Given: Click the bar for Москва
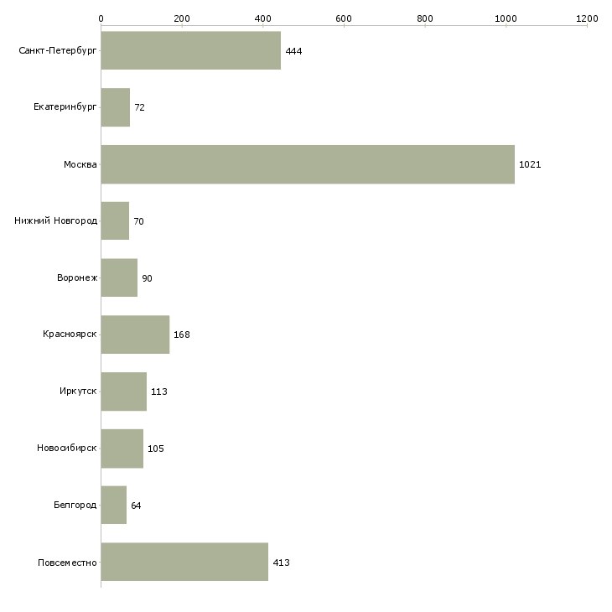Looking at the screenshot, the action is pyautogui.click(x=308, y=164).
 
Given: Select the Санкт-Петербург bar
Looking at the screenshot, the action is pyautogui.click(x=191, y=50).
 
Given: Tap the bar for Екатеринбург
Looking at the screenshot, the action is pyautogui.click(x=116, y=107).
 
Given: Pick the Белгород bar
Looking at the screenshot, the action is pyautogui.click(x=114, y=505).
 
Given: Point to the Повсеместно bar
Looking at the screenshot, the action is pyautogui.click(x=184, y=562).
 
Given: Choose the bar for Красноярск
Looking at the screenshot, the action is pyautogui.click(x=136, y=335).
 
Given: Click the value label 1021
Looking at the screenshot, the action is pyautogui.click(x=530, y=164).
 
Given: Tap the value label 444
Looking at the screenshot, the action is pyautogui.click(x=293, y=51).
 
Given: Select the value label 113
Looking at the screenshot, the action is pyautogui.click(x=158, y=392).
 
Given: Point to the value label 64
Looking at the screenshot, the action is pyautogui.click(x=136, y=506).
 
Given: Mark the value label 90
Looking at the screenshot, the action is pyautogui.click(x=147, y=278).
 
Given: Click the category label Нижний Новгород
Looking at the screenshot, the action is pyautogui.click(x=56, y=221).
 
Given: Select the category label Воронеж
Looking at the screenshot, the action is pyautogui.click(x=77, y=277).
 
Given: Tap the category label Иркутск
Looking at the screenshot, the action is pyautogui.click(x=78, y=391).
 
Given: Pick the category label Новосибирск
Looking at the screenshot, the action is pyautogui.click(x=67, y=448).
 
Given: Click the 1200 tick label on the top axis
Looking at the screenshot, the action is pyautogui.click(x=587, y=18).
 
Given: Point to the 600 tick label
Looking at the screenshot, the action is pyautogui.click(x=344, y=18).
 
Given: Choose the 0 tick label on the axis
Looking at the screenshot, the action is pyautogui.click(x=101, y=18).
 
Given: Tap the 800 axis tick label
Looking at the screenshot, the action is pyautogui.click(x=425, y=18).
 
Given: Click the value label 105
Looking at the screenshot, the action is pyautogui.click(x=156, y=449).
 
